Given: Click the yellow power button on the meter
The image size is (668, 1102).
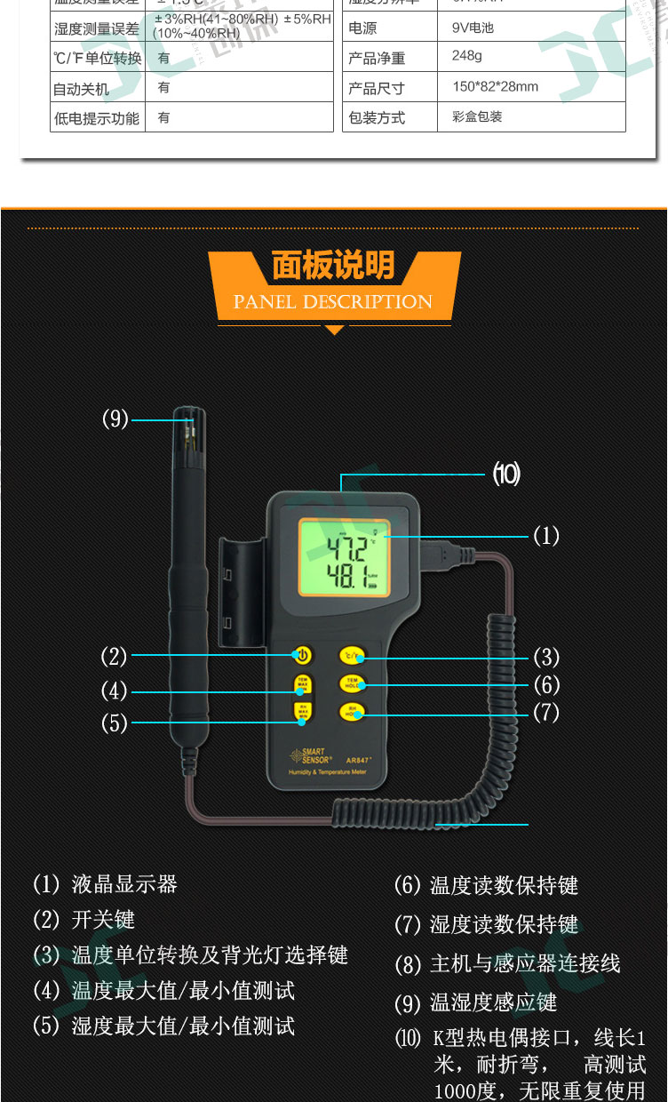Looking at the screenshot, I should [x=303, y=657].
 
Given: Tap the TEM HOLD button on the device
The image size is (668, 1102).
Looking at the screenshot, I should [x=352, y=683].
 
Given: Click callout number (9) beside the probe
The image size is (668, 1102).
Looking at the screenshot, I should [x=115, y=419].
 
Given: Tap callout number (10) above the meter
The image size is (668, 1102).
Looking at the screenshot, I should [x=506, y=475].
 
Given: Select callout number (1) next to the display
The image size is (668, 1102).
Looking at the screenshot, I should [x=545, y=536].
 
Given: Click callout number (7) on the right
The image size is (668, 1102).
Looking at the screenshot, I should [x=545, y=713].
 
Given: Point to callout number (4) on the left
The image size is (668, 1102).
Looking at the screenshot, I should [x=114, y=691].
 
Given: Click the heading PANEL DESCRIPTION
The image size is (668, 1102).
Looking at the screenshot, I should [x=333, y=302].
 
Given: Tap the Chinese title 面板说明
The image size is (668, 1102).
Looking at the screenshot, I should [x=333, y=266].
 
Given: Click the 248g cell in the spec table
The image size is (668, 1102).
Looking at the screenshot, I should [x=467, y=56].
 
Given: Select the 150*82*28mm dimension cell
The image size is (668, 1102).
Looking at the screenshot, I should [x=495, y=87].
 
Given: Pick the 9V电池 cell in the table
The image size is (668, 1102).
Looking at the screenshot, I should [x=472, y=28].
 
